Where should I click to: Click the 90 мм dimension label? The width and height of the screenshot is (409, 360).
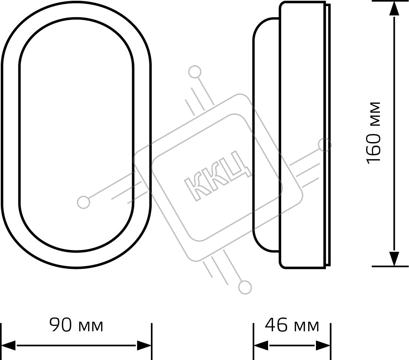(x=77, y=325)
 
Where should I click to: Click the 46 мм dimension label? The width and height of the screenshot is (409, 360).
(x=292, y=325)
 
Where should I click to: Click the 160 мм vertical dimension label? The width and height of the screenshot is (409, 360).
(x=374, y=133)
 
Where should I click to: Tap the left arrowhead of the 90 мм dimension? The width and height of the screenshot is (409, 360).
(x=8, y=345)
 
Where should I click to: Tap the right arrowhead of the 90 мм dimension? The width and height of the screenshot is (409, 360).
(x=144, y=345)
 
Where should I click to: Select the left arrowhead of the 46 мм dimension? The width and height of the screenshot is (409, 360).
(x=261, y=345)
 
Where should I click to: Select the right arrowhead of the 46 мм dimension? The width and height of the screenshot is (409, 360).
(x=323, y=345)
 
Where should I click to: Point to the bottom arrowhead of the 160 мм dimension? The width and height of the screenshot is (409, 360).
(x=394, y=259)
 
